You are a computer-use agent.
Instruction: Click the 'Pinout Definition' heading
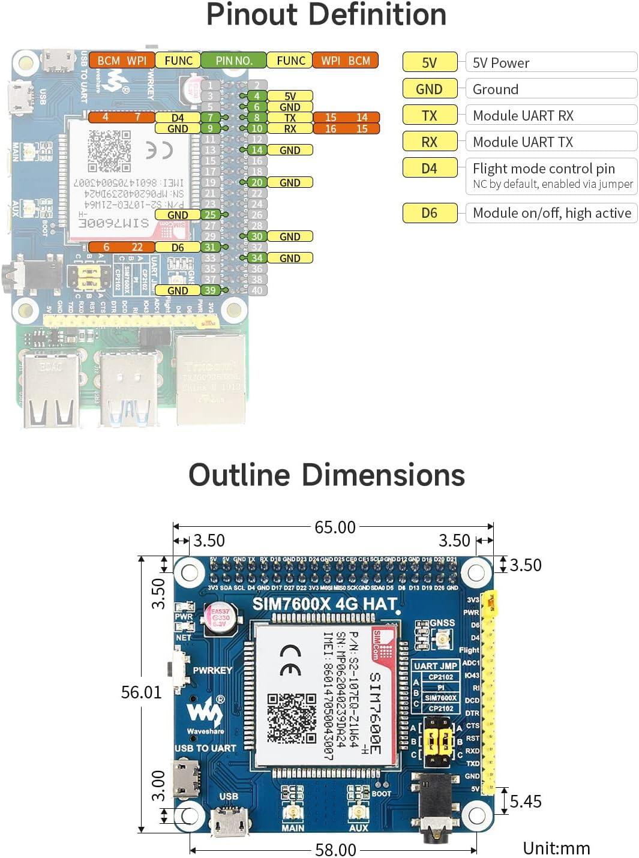(x=326, y=14)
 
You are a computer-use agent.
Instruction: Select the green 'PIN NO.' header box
(x=233, y=61)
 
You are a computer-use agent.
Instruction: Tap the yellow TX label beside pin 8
(x=290, y=118)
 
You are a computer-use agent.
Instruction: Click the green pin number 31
(x=209, y=247)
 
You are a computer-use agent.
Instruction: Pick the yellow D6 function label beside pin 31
(x=178, y=247)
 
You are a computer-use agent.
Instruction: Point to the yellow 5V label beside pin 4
(x=290, y=96)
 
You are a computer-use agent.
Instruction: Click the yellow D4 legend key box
(x=430, y=169)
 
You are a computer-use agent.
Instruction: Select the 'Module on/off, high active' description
(x=551, y=213)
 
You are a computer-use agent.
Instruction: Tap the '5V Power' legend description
(x=501, y=63)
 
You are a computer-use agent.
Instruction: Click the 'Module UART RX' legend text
(x=523, y=116)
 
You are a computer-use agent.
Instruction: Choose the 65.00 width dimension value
(x=335, y=527)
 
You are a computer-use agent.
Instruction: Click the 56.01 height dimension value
(x=142, y=692)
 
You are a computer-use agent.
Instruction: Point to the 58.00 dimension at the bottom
(x=335, y=850)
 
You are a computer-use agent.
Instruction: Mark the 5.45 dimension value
(x=526, y=802)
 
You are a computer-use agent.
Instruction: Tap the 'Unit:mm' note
(x=556, y=848)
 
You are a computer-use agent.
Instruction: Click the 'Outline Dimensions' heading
(x=326, y=475)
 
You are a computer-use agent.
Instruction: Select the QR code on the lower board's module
(x=292, y=718)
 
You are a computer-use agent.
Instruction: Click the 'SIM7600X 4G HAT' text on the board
(x=325, y=604)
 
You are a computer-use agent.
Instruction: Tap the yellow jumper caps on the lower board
(x=439, y=742)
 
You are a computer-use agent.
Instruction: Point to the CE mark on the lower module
(x=291, y=660)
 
